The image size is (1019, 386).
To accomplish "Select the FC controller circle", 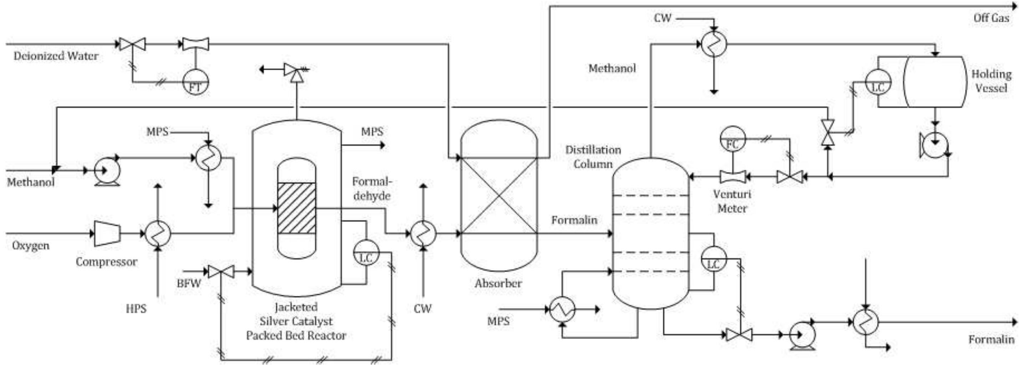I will coord(732,139).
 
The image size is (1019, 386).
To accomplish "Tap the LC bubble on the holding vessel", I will coord(878,82).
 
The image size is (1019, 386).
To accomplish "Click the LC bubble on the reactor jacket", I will coord(366,252).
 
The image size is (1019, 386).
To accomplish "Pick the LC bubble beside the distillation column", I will coord(714,259).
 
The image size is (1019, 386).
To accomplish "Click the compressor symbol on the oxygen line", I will coord(107,233).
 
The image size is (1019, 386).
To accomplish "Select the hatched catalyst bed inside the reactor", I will coord(297,208).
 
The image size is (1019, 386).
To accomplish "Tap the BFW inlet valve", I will coord(221,272).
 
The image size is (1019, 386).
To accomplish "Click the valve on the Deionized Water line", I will coord(132,44).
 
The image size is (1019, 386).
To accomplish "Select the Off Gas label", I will coord(991,18).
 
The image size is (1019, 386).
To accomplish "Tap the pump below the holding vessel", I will coord(934,145).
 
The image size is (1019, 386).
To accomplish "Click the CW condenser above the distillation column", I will coord(714,44).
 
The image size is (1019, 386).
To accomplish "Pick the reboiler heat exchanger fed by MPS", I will coord(562,309).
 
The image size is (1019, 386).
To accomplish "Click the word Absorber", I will coord(498,283).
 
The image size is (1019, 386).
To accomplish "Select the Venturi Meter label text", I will coord(732,201).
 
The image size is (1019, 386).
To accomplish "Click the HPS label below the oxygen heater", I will coord(136,309).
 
